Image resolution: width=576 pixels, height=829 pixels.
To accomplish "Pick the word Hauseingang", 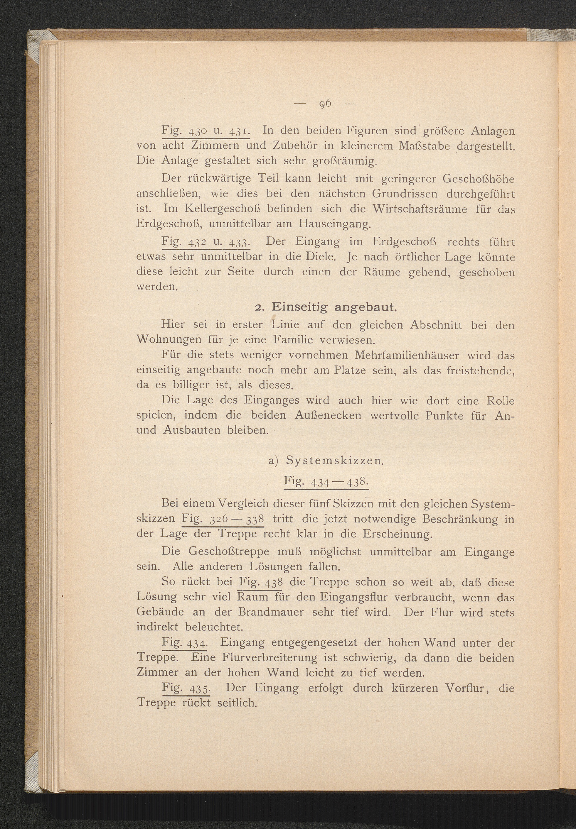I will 335,224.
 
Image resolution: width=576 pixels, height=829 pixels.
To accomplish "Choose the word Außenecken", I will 328,415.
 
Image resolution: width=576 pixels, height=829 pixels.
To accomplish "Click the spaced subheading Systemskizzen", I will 334,461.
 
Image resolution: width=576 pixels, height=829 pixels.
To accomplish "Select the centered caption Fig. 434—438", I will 326,481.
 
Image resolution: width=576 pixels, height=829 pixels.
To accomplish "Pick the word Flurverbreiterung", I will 269,657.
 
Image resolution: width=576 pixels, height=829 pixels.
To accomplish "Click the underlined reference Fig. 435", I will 186,688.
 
